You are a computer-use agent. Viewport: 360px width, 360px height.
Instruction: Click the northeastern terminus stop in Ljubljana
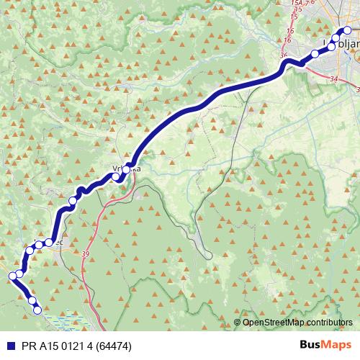[x=347, y=30]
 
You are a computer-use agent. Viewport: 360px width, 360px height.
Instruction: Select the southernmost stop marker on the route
[x=37, y=310]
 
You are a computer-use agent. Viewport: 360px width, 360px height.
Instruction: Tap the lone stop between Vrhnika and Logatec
[x=73, y=200]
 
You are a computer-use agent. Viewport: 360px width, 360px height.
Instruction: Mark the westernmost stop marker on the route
[x=12, y=276]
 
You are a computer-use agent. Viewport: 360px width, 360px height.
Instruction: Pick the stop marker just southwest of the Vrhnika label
[x=116, y=176]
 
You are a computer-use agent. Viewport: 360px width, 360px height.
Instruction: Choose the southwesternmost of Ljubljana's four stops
[x=315, y=54]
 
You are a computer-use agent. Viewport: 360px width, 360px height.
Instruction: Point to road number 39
[x=86, y=254]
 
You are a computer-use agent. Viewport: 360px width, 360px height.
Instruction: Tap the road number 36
[x=283, y=55]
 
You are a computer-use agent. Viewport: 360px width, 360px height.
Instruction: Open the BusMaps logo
[x=325, y=345]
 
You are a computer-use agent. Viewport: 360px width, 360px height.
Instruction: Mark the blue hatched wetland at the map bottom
[x=68, y=316]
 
